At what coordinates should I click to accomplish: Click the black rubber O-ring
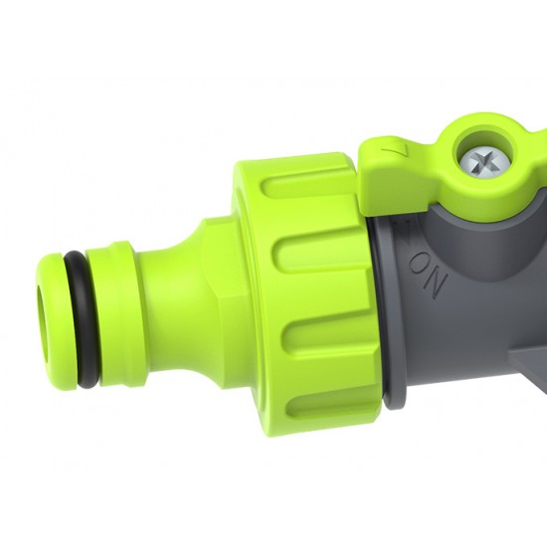[x=81, y=314]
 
